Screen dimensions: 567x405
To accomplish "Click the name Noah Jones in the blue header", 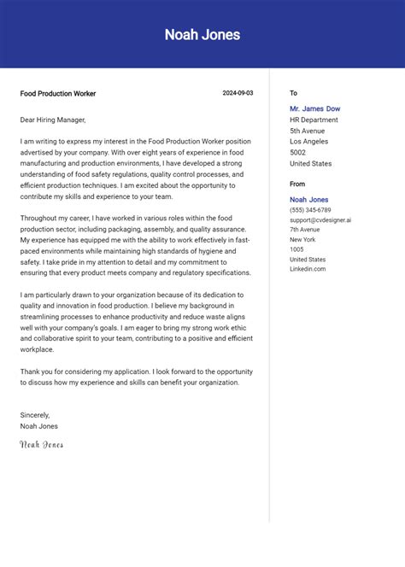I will (x=202, y=35).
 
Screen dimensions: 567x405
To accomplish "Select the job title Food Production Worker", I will (x=58, y=94).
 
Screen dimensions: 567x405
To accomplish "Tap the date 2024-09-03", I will (x=238, y=93).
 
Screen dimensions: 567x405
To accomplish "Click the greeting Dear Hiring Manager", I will (x=53, y=120).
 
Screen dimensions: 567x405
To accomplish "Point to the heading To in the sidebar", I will (x=293, y=93).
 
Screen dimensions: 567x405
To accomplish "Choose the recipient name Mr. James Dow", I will (x=314, y=108).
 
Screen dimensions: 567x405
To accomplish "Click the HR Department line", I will (x=314, y=120).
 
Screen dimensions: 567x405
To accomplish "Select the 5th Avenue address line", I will (x=307, y=131).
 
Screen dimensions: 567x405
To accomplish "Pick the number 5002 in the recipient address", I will (x=298, y=153).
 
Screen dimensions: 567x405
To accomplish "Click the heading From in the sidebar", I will (x=297, y=184).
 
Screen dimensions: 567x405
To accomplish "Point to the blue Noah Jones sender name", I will (x=309, y=200).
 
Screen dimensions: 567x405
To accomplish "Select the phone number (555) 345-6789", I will (x=310, y=210).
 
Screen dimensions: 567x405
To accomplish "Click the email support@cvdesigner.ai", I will (x=320, y=220).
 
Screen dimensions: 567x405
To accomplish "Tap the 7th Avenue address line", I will (x=304, y=230).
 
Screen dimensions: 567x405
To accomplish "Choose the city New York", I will (x=302, y=240).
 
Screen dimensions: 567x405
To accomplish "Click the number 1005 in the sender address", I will (x=296, y=249).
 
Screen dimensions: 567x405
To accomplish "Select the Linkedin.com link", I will (x=308, y=269).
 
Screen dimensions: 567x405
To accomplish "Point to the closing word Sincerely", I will (x=35, y=415).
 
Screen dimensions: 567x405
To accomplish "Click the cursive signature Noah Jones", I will (x=42, y=445).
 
